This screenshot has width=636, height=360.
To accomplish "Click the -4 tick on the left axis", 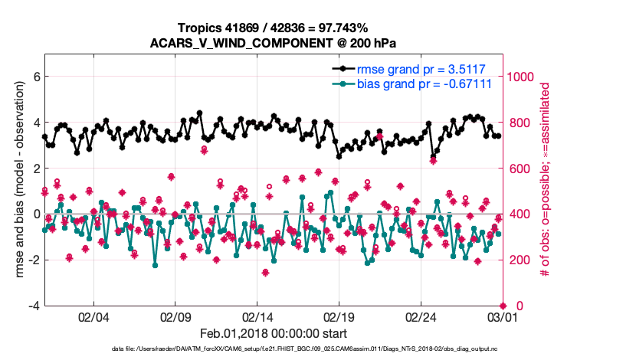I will [x=33, y=306].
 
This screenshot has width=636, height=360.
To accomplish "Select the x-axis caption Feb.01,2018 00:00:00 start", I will [x=273, y=334].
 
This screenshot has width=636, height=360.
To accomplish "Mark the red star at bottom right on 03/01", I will [x=502, y=306].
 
